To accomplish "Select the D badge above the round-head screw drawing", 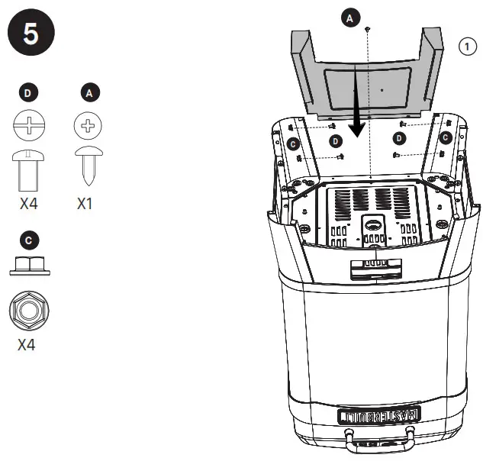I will pyautogui.click(x=28, y=93).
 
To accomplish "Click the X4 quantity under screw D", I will pyautogui.click(x=28, y=205).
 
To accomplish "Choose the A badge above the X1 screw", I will pyautogui.click(x=90, y=93).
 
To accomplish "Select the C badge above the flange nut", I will pyautogui.click(x=28, y=240).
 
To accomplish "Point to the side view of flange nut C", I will pyautogui.click(x=28, y=266).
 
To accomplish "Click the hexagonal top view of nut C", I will pyautogui.click(x=28, y=310).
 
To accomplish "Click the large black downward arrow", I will pyautogui.click(x=356, y=107).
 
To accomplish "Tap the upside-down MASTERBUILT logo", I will pyautogui.click(x=378, y=416).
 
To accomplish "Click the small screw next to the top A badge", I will pyautogui.click(x=369, y=28).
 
